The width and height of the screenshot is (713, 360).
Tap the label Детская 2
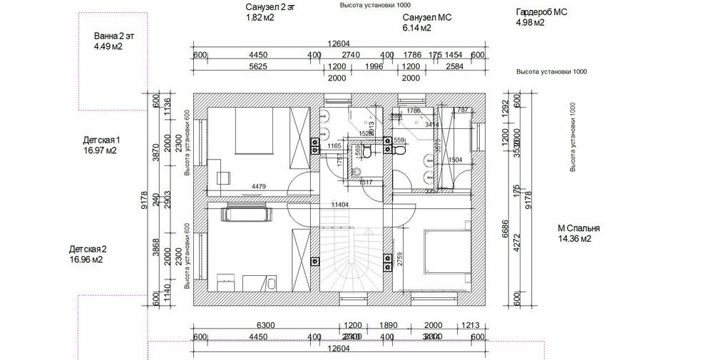[88, 250]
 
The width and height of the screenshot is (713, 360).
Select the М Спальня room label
[578, 229]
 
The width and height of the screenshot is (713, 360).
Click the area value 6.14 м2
[416, 29]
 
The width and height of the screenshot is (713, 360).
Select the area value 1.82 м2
[260, 18]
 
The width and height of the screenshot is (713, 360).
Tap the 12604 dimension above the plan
[339, 44]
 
